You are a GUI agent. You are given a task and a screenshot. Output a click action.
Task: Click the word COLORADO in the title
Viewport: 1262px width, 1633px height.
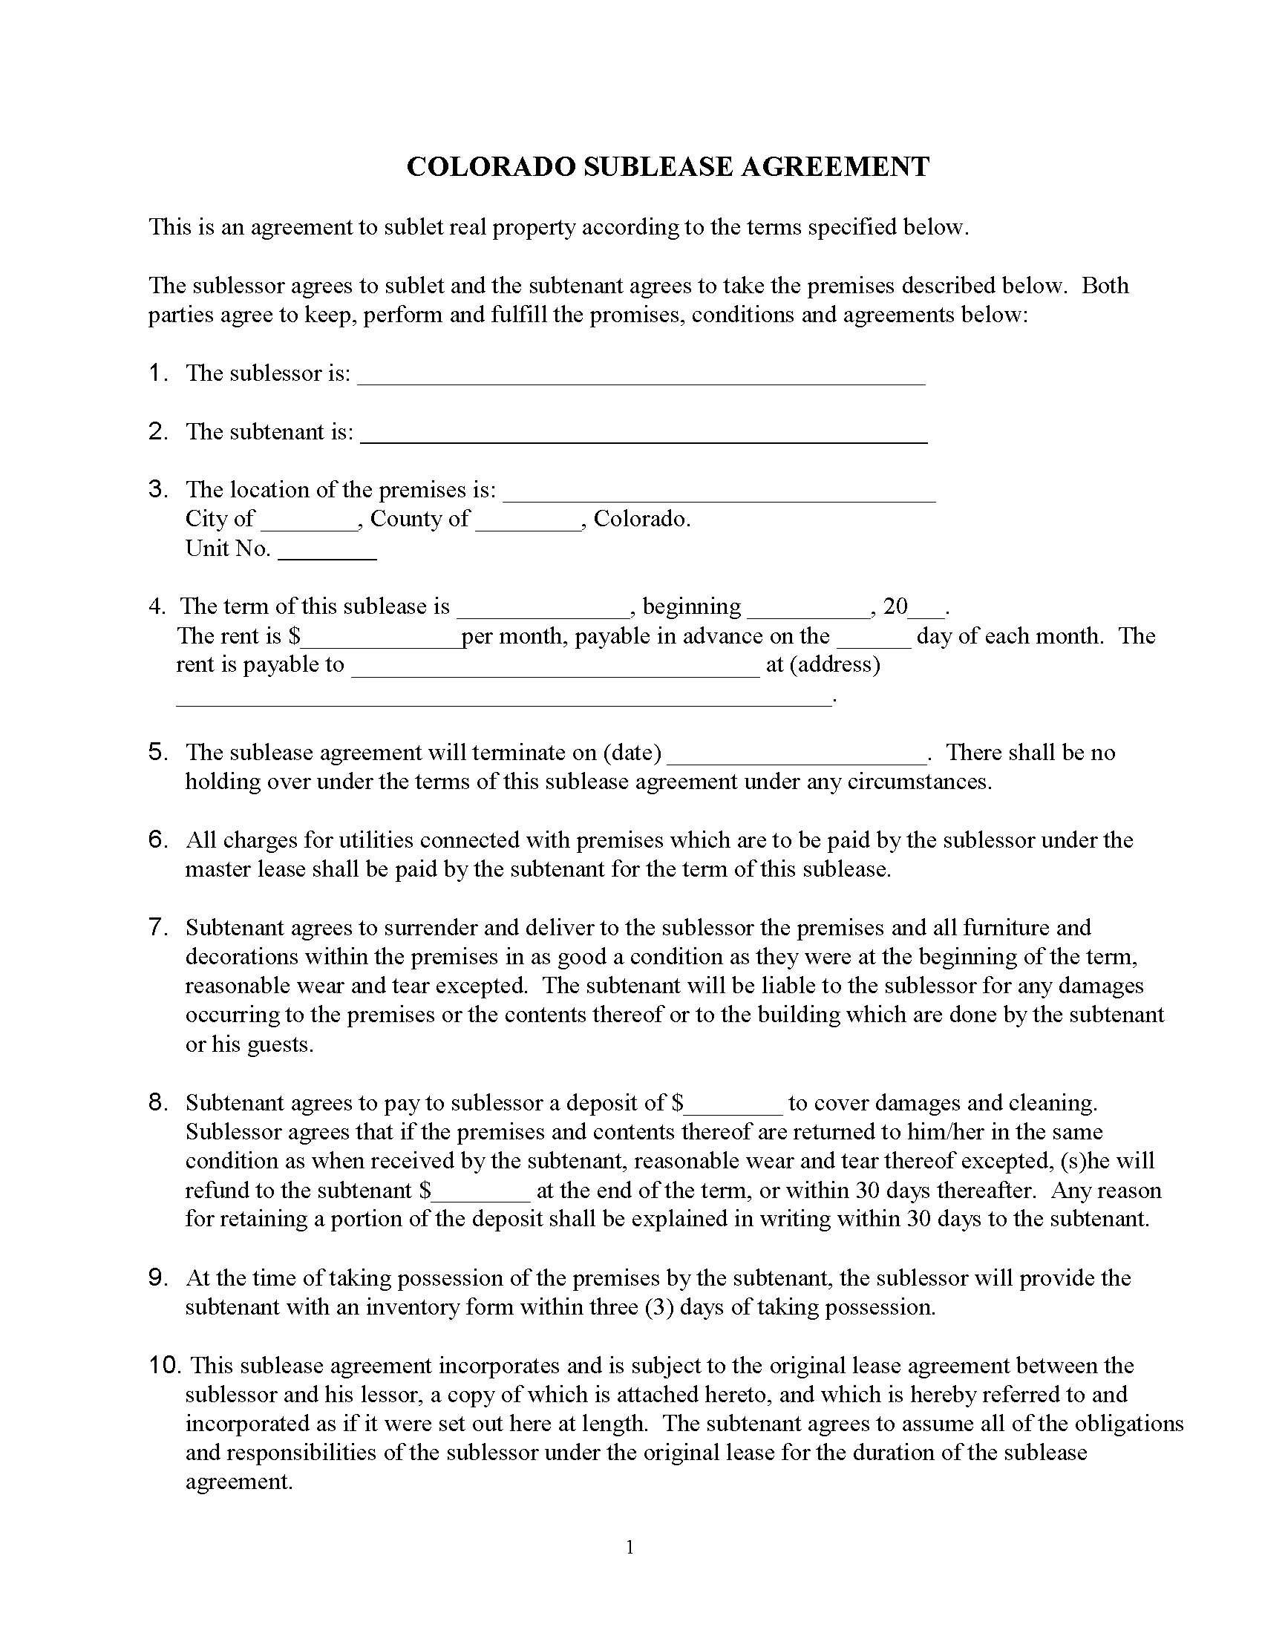coord(491,166)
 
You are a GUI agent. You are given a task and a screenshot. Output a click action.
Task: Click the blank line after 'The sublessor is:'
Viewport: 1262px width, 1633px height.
coord(641,378)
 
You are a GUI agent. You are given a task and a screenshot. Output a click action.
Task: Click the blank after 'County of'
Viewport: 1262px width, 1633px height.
coord(529,523)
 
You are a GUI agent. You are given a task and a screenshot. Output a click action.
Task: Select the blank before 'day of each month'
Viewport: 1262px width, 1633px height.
coord(873,641)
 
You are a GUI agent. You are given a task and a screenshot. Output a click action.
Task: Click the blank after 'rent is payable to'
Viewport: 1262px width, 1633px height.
coord(555,670)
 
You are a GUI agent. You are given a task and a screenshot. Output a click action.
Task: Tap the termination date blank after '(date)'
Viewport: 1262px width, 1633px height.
coord(797,757)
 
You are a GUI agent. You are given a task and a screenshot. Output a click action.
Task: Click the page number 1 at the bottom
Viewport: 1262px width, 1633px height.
coord(630,1547)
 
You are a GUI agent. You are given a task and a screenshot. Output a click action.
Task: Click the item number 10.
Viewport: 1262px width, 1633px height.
coord(165,1364)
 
